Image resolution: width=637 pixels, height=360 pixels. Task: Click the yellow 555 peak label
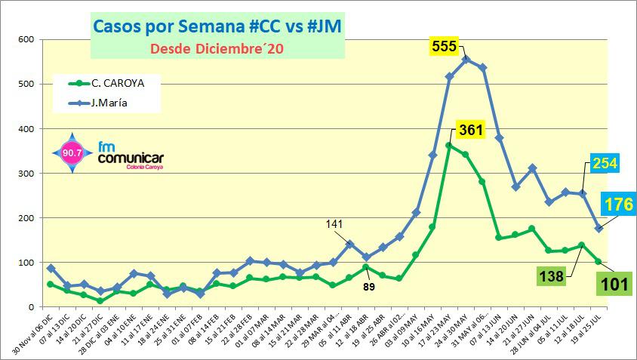coord(444,46)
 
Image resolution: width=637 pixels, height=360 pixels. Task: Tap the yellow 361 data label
coord(471,131)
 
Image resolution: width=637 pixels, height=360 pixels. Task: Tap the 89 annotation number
coord(369,286)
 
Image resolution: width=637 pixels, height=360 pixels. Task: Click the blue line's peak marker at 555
coord(466,59)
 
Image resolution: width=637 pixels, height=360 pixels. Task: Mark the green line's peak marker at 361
coord(449,146)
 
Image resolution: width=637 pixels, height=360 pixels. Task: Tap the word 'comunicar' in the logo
coord(131,159)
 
